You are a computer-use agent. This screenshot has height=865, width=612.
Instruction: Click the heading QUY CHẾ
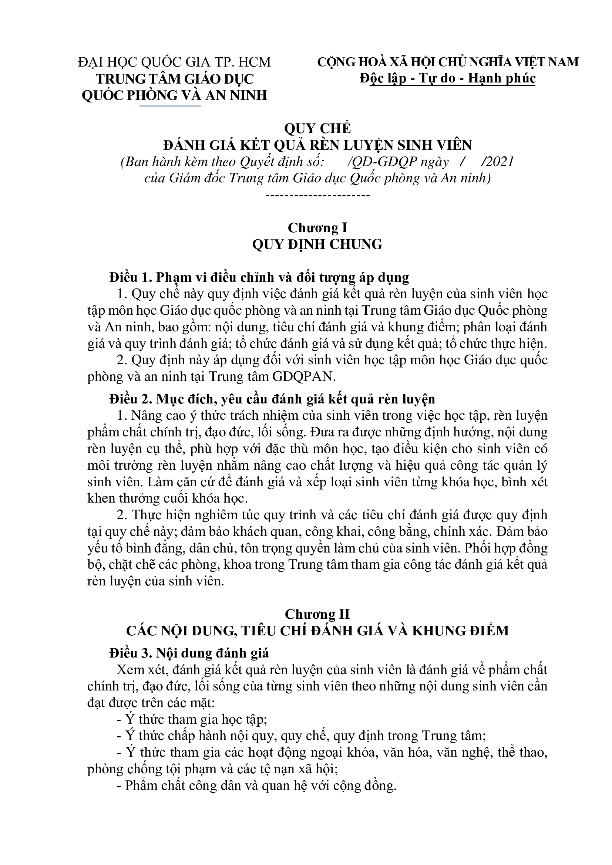tap(317, 128)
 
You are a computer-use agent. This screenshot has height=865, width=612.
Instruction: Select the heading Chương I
tap(317, 228)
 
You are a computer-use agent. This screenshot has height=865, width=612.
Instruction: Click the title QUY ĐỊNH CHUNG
tap(317, 244)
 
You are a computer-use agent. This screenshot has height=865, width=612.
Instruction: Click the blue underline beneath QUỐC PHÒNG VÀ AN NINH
tap(170, 106)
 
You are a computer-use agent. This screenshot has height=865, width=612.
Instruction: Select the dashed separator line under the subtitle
tap(317, 196)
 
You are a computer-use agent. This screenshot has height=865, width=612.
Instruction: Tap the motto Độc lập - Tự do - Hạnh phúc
tap(448, 79)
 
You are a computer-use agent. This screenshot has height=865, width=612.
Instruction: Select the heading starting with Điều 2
tap(272, 399)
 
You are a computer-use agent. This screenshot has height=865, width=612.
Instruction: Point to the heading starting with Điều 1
tap(259, 278)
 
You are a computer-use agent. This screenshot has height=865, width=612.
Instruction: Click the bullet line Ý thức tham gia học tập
tap(192, 719)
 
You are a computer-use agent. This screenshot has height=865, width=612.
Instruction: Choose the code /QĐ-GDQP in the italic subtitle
tap(380, 162)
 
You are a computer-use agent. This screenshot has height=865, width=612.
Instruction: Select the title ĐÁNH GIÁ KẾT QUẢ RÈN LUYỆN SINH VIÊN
tap(317, 145)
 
